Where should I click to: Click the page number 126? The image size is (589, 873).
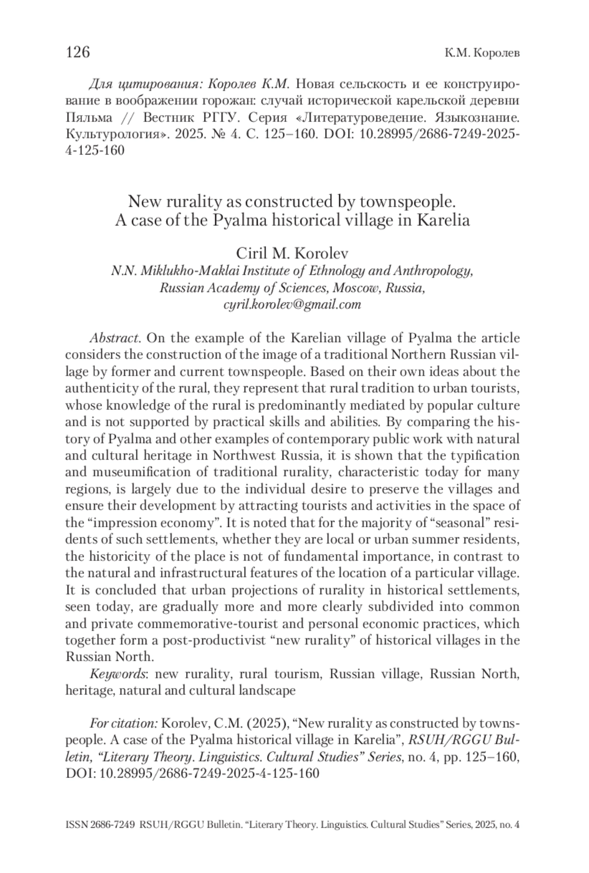(78, 51)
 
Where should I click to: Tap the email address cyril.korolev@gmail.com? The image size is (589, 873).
(293, 305)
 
